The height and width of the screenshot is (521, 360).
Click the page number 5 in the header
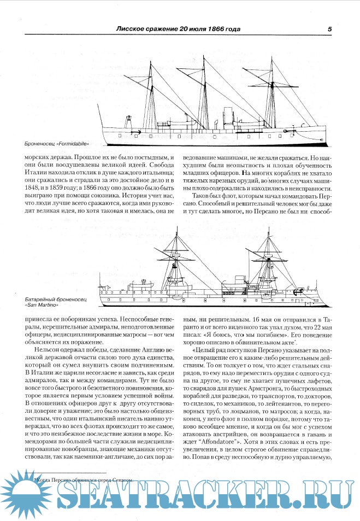(x=329, y=29)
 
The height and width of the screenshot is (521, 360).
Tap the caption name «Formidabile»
(x=73, y=144)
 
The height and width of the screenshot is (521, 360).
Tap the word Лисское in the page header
(x=135, y=29)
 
